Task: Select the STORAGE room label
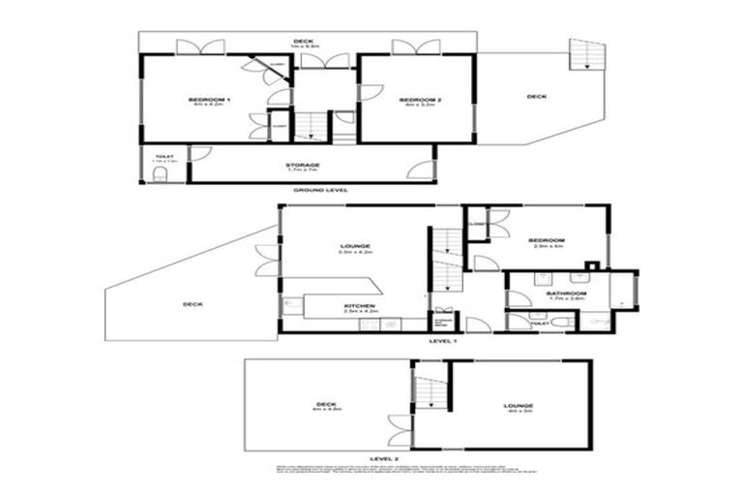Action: [x=302, y=166]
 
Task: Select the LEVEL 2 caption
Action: [x=384, y=457]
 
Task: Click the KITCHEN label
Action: [x=360, y=306]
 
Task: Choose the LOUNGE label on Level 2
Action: [x=518, y=406]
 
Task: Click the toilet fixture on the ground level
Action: [x=160, y=173]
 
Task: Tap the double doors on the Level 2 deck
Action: [x=400, y=431]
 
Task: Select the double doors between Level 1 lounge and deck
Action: [x=266, y=261]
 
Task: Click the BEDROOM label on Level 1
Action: [x=547, y=240]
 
